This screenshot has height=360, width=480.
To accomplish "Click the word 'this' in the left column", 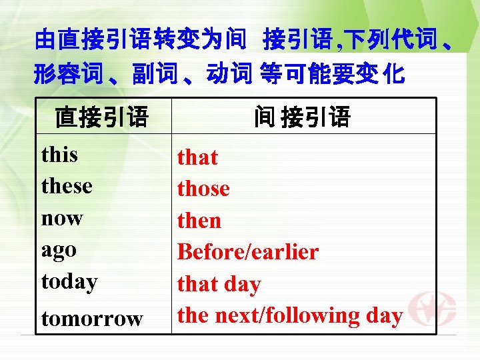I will tap(59, 155).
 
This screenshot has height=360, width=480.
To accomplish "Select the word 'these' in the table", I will tap(67, 186).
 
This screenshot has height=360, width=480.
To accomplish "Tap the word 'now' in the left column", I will tap(62, 218).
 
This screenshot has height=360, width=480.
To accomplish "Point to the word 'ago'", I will tap(59, 251).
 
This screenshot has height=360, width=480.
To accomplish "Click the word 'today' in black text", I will tap(69, 282).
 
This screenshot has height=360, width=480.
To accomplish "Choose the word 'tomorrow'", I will tap(92, 319).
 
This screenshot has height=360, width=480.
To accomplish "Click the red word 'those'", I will tap(203, 189).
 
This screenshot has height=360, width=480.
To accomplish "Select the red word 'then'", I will tap(199, 221).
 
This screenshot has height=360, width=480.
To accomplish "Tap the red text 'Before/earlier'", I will tap(247, 252).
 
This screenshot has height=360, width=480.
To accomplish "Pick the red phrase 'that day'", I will tap(219, 284).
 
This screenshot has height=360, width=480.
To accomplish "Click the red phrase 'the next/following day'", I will tap(290, 315).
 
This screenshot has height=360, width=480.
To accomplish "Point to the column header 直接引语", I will tap(101, 117).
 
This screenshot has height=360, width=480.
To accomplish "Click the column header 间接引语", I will tap(302, 117).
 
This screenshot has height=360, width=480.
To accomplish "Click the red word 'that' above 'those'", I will tap(197, 157).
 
